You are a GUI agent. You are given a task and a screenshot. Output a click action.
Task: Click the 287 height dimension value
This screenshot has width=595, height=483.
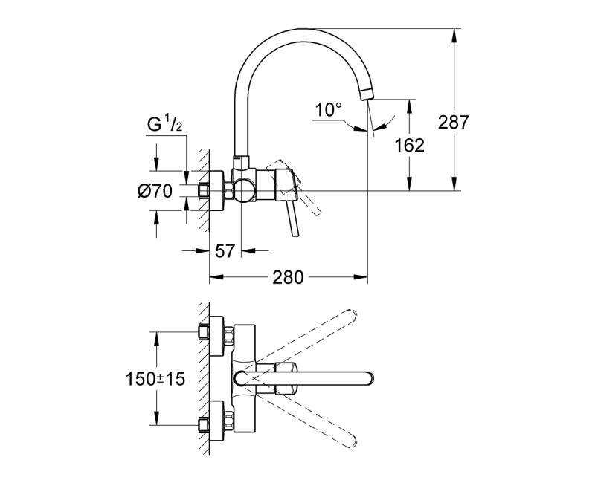(454, 122)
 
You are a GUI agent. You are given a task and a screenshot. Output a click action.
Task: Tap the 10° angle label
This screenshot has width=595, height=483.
(327, 110)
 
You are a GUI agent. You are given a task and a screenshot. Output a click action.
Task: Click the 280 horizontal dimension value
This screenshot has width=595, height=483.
(287, 278)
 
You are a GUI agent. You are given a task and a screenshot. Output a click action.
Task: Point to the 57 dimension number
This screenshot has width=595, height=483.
(225, 251)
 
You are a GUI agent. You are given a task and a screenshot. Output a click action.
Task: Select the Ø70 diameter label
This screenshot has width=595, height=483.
(155, 191)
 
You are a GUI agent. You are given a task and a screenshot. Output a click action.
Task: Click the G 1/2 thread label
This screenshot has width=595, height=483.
(164, 125)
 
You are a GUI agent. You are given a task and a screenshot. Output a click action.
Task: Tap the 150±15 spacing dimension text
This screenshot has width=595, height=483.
(155, 378)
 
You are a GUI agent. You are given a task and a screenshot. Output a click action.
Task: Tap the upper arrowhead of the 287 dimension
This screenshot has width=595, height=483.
(453, 33)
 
